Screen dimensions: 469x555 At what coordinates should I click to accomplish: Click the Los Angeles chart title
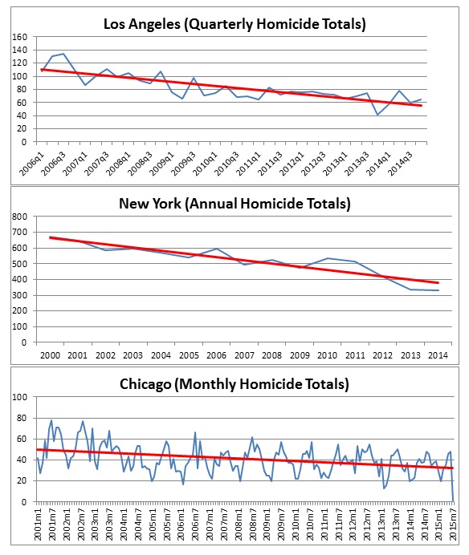pos(234,24)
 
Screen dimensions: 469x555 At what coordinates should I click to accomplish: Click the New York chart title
pos(234,204)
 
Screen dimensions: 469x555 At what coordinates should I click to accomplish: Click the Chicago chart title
pos(234,384)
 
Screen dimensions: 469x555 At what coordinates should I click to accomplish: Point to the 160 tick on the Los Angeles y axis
pos(19,37)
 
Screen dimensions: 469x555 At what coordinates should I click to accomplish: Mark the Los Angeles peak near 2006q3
pos(63,54)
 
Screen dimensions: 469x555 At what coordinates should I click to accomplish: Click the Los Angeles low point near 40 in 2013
pos(377,115)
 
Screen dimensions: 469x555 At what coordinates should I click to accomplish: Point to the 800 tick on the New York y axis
pos(19,217)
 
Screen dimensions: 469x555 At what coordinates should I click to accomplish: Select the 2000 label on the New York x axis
pos(50,355)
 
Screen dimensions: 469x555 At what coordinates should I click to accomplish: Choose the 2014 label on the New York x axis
pos(438,355)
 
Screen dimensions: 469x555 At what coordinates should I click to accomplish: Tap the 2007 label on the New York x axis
pos(244,355)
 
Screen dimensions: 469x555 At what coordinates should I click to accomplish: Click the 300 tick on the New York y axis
pos(19,295)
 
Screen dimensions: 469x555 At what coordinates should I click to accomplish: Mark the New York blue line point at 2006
pos(217,249)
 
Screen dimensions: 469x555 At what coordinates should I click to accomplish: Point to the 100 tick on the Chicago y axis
pos(19,397)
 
